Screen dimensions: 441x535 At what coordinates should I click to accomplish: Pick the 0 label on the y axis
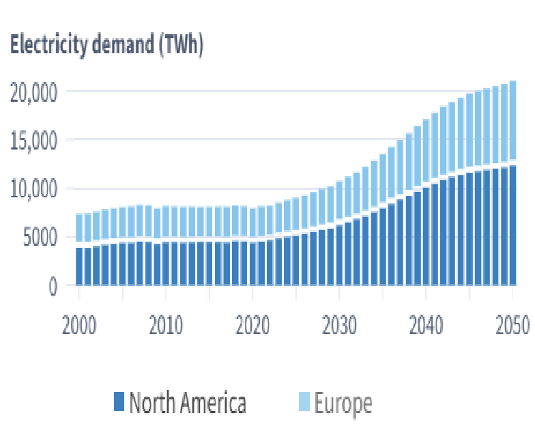click(52, 287)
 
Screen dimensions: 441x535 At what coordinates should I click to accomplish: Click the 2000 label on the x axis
click(79, 325)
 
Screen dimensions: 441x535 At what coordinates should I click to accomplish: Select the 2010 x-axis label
click(166, 325)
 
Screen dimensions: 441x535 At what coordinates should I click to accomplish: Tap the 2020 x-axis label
click(252, 325)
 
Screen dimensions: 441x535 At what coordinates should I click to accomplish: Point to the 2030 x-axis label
click(339, 325)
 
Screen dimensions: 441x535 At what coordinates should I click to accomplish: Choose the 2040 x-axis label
click(426, 325)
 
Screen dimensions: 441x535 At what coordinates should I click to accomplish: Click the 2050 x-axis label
click(511, 325)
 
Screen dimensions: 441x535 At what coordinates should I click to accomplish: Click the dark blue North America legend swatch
click(118, 402)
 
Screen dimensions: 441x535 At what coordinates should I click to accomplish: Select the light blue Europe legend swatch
click(303, 402)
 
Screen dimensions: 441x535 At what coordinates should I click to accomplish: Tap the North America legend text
click(187, 403)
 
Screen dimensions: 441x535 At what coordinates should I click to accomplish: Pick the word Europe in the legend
click(343, 403)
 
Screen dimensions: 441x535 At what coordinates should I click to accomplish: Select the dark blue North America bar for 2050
click(512, 225)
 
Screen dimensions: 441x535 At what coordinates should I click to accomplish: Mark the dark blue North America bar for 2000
click(79, 266)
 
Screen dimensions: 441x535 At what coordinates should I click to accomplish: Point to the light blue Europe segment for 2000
click(79, 228)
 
